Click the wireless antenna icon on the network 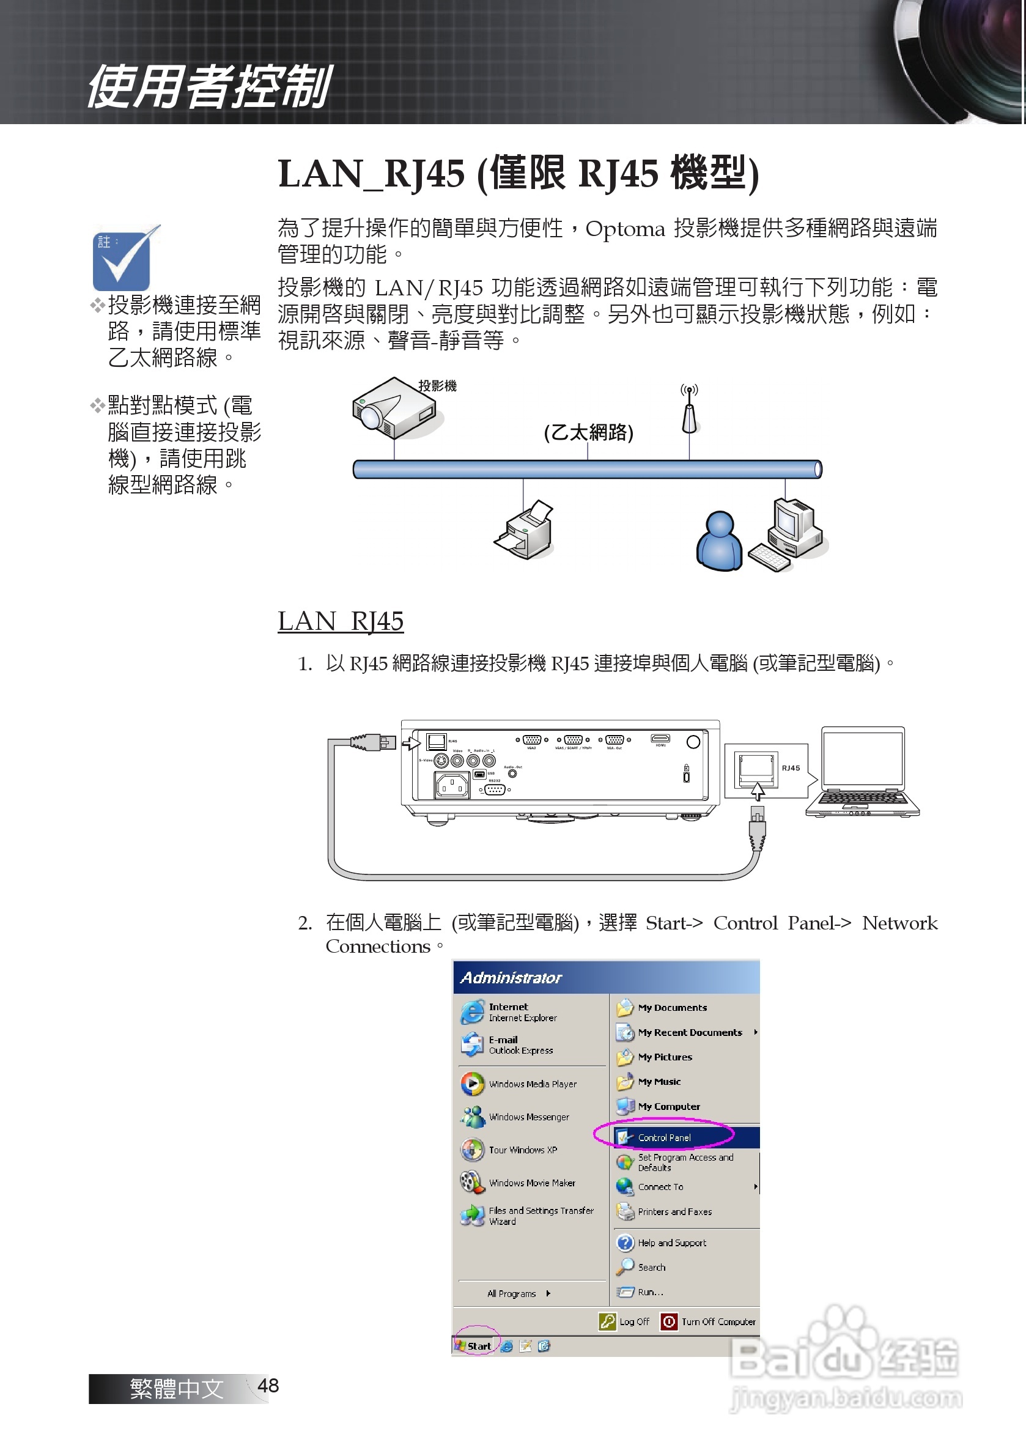(x=689, y=410)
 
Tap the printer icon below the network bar (x=525, y=531)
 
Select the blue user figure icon (x=719, y=542)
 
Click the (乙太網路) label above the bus (x=588, y=433)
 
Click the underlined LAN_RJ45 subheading (x=341, y=621)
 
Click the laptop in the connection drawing (x=863, y=772)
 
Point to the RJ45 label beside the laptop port (x=791, y=768)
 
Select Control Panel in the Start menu (x=664, y=1137)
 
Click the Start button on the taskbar (x=476, y=1346)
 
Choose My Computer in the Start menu (x=668, y=1107)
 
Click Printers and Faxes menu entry (x=674, y=1212)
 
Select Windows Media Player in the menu (x=532, y=1084)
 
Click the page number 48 (x=268, y=1386)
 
